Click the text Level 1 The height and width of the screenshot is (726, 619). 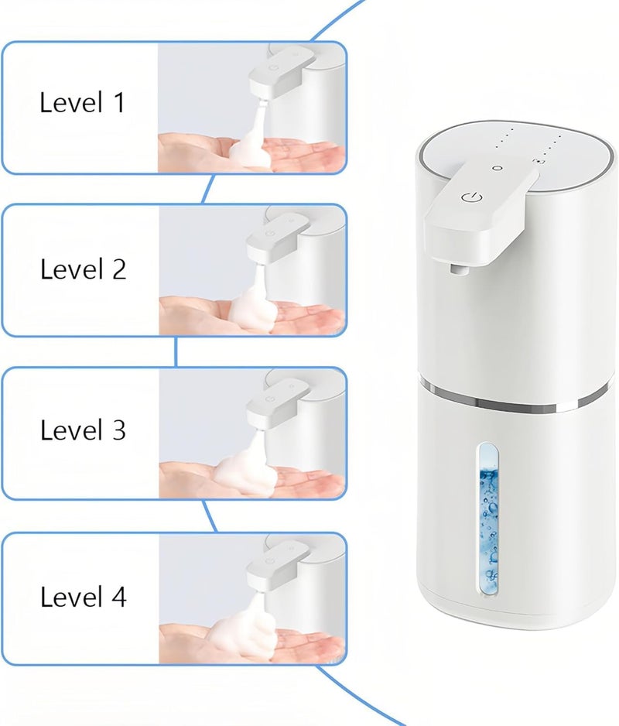click(83, 102)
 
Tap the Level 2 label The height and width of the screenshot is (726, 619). click(83, 269)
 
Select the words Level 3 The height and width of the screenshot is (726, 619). click(83, 430)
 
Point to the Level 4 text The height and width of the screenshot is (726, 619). click(84, 596)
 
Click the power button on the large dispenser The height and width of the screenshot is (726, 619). click(472, 197)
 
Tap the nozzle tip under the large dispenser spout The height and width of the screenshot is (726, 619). click(457, 269)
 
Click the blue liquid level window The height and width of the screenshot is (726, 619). click(488, 518)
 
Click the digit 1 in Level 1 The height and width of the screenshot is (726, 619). click(119, 102)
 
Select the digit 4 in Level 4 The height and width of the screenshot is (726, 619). click(119, 596)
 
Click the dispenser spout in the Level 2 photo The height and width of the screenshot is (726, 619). click(277, 238)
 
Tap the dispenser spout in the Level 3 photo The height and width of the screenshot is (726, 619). click(277, 402)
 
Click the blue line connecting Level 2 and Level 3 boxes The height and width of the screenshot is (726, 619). click(176, 352)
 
